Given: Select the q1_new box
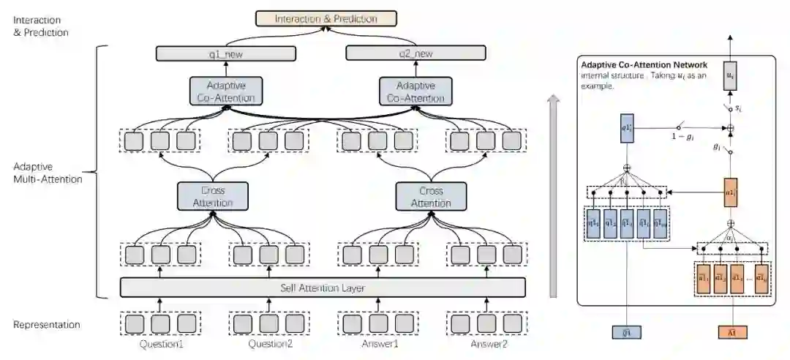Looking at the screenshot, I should pos(226,53).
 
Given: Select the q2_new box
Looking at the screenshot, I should pos(415,53).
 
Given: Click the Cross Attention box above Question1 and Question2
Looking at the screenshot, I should pos(213,196).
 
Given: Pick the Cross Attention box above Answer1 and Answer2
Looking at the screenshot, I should pos(431,196).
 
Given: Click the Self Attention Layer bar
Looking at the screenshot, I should pos(323,288).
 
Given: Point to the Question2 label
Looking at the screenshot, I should pos(271,343).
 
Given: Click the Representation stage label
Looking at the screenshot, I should pos(47,324).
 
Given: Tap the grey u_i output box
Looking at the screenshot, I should pos(729,76).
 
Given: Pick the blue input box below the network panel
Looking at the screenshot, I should pos(627,332).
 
